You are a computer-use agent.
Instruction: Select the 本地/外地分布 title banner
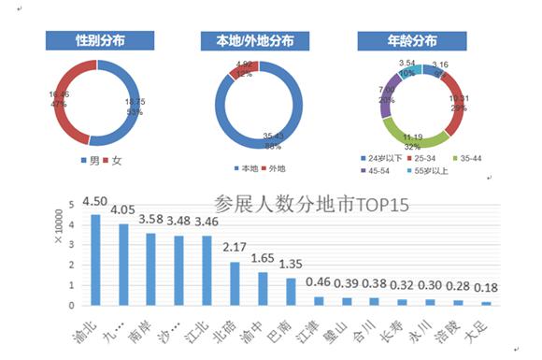tap(254, 42)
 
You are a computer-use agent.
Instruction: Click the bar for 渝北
tap(94, 259)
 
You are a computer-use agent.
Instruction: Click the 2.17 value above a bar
tap(235, 248)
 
